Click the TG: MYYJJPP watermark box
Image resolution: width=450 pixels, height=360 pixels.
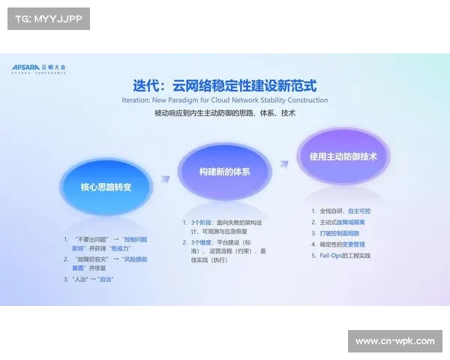point(48,19)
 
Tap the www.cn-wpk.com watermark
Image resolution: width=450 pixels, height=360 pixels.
point(395,341)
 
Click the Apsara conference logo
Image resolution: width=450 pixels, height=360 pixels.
point(39,67)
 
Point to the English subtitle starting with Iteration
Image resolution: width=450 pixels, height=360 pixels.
point(225,100)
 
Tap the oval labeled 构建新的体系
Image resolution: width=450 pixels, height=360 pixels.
point(224,172)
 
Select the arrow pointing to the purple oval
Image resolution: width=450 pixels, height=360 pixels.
point(283,164)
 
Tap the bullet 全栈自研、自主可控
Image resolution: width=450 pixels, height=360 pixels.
point(345,211)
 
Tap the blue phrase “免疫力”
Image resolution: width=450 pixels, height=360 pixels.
point(121,248)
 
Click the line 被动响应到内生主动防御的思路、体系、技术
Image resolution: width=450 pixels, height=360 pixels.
point(225,113)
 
